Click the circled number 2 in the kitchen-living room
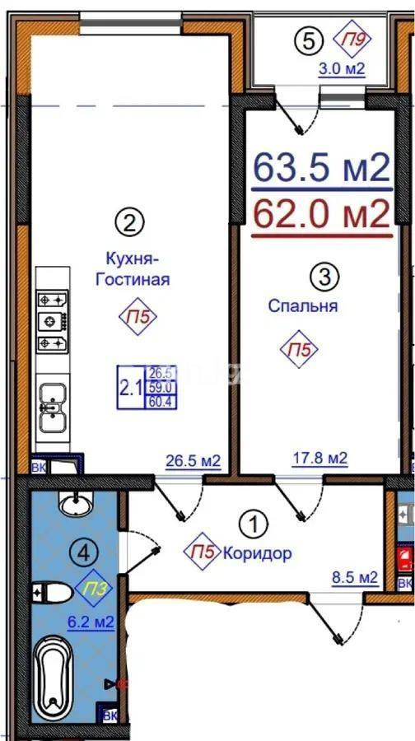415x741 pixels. click(128, 221)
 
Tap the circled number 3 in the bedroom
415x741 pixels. click(325, 276)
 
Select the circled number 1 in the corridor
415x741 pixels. click(252, 523)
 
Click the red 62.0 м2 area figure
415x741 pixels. click(320, 216)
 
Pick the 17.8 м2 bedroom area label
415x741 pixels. click(319, 458)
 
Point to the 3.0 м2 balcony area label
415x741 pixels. click(342, 69)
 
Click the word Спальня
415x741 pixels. click(303, 306)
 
